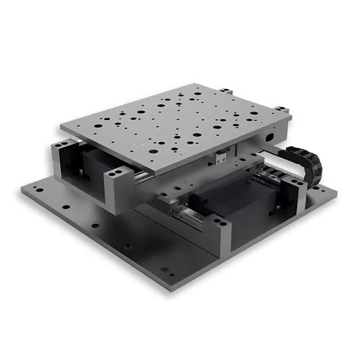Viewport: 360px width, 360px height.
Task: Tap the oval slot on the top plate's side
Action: pos(268,138)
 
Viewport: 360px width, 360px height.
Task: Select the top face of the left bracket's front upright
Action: pos(114,179)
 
